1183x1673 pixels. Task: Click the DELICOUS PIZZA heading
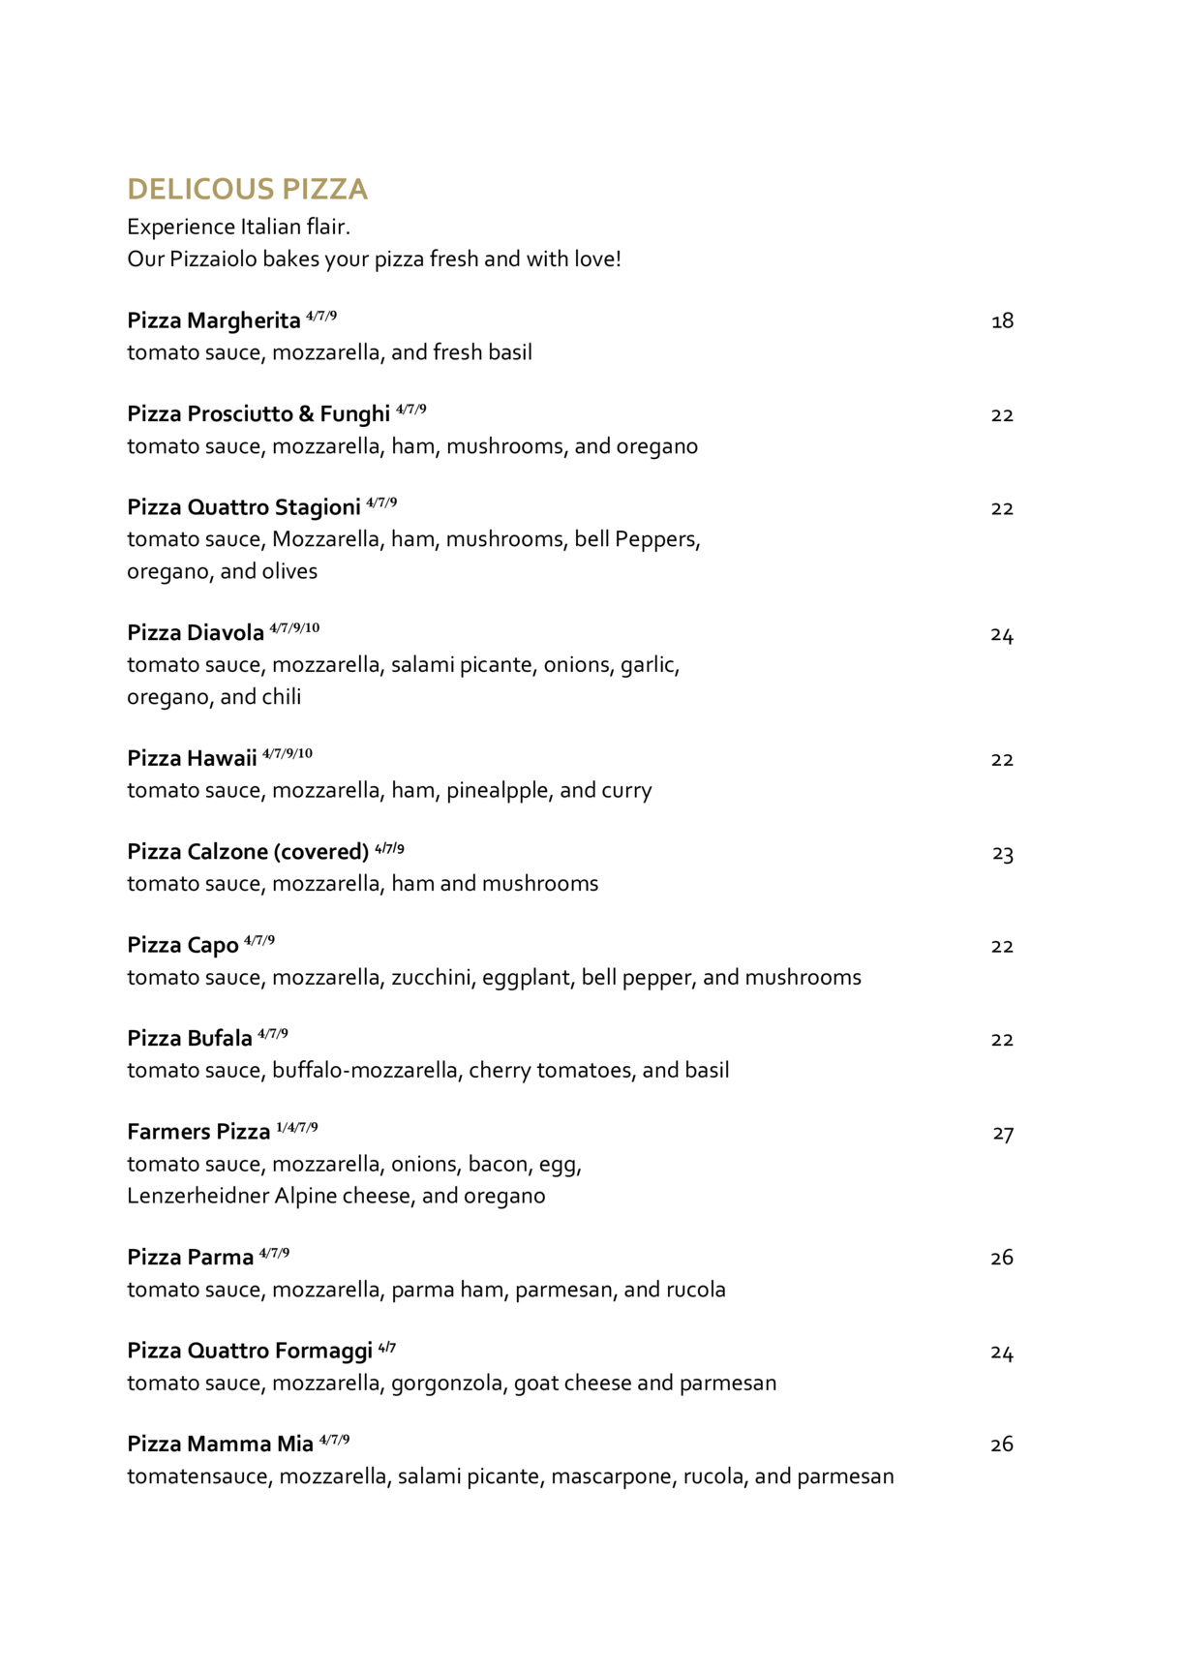coord(247,189)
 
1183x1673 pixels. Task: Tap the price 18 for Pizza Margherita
coord(1002,320)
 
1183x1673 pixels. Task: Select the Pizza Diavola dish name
coord(196,633)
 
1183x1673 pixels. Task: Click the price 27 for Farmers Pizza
coord(1003,1133)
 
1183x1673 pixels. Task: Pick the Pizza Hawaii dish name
coord(192,758)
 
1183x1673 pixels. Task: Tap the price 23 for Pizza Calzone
coord(1003,853)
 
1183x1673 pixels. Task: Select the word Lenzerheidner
coord(198,1197)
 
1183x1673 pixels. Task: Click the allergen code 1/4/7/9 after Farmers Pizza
coord(297,1128)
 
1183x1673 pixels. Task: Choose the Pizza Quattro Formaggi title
coord(250,1351)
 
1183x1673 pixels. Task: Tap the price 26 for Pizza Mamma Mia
coord(1002,1445)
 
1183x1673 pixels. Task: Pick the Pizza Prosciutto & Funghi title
coord(258,414)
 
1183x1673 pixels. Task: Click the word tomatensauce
coord(199,1476)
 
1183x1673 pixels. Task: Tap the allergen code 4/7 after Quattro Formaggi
coord(387,1348)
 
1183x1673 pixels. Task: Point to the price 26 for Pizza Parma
coord(1002,1258)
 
